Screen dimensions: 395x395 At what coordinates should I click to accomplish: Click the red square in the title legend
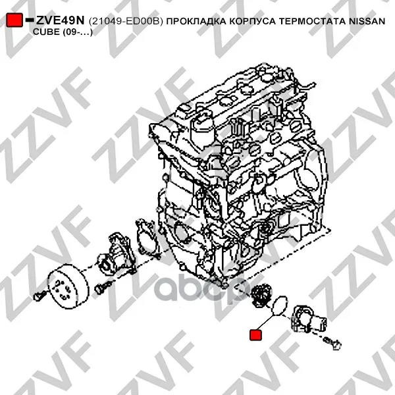click(x=14, y=20)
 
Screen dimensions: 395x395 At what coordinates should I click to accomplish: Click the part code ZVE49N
click(x=60, y=20)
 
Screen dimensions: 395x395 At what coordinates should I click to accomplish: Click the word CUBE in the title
click(x=46, y=32)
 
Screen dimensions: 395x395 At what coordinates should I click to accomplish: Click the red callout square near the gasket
click(x=255, y=335)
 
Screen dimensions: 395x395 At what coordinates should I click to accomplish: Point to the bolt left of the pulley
click(x=39, y=295)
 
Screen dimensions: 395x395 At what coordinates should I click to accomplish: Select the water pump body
click(x=117, y=254)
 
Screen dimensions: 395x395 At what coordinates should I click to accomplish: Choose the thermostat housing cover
click(x=308, y=319)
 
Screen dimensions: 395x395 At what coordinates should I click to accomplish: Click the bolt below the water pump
click(x=103, y=288)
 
